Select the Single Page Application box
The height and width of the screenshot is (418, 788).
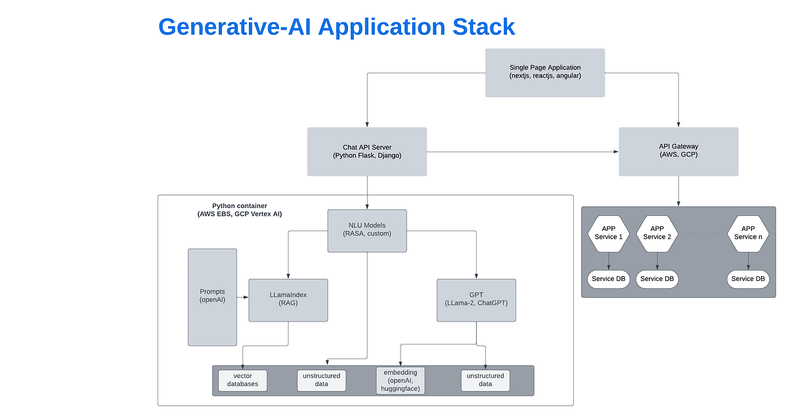545,72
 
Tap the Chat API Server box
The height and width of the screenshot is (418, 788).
367,152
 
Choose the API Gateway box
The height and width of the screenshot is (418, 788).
678,152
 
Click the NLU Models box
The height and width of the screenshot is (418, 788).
367,230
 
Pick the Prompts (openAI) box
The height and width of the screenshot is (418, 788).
212,297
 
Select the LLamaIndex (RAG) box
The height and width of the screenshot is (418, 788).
288,300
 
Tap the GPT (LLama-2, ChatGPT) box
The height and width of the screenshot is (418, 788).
476,300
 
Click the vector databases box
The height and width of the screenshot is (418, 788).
243,380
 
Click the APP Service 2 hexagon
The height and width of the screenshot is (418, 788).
657,232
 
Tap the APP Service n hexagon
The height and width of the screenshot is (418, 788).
748,232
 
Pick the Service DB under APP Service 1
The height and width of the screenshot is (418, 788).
608,279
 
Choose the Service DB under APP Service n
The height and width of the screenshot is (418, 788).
748,279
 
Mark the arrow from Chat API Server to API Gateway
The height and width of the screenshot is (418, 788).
522,152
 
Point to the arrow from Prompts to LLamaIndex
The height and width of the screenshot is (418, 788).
243,297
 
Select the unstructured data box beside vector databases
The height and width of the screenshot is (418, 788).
322,380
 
